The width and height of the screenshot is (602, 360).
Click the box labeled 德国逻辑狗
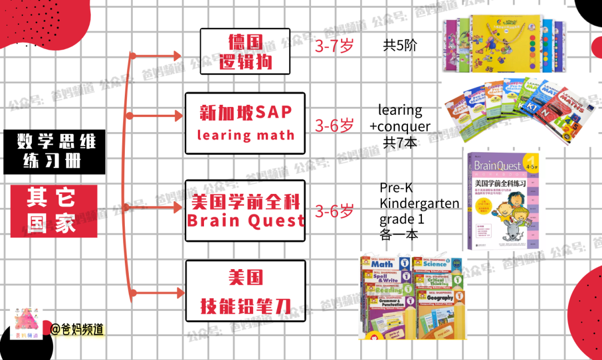click(245, 51)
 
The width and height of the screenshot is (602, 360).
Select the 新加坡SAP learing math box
click(245, 123)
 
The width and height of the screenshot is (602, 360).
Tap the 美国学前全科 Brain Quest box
click(245, 211)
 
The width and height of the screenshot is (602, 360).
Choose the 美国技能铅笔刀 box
click(245, 291)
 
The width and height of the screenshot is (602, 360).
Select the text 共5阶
click(400, 46)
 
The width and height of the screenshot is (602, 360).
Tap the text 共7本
click(400, 142)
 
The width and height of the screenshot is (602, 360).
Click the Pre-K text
click(396, 188)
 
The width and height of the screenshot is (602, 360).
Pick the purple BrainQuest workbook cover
click(503, 201)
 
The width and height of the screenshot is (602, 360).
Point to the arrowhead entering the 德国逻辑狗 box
click(178, 55)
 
